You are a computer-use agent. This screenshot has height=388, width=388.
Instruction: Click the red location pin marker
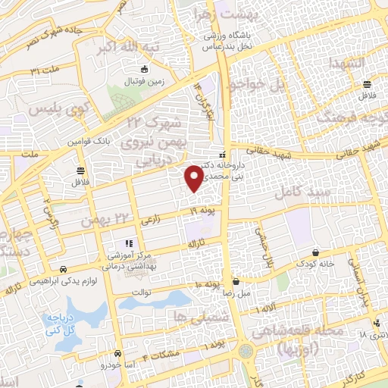tap(194, 177)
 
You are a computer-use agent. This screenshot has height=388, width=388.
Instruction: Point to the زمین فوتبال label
tap(139, 80)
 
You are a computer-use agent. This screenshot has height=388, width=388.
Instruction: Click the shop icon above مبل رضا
tap(236, 280)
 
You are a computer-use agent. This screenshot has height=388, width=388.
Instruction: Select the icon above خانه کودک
tap(315, 252)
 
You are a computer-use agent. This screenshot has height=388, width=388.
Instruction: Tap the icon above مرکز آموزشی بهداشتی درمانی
tap(129, 243)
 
